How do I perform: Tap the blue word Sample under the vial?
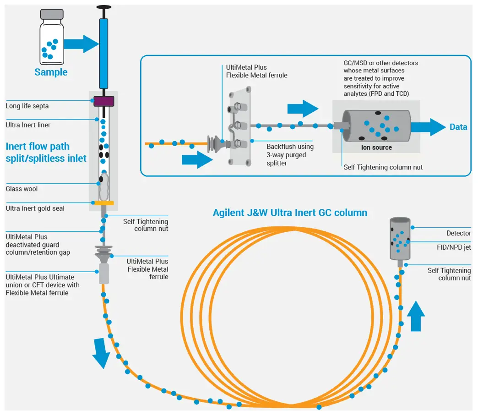51,72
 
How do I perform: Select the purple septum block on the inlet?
104,101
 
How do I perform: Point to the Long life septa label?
27,106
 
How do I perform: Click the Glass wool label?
22,189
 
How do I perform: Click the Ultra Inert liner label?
28,125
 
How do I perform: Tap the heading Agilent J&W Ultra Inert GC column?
290,213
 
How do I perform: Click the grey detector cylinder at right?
400,238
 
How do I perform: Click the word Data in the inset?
458,127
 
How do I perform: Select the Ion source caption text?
377,148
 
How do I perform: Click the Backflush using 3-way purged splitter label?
290,155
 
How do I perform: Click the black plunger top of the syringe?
103,7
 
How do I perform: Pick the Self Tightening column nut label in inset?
383,167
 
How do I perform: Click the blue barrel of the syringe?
103,53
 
